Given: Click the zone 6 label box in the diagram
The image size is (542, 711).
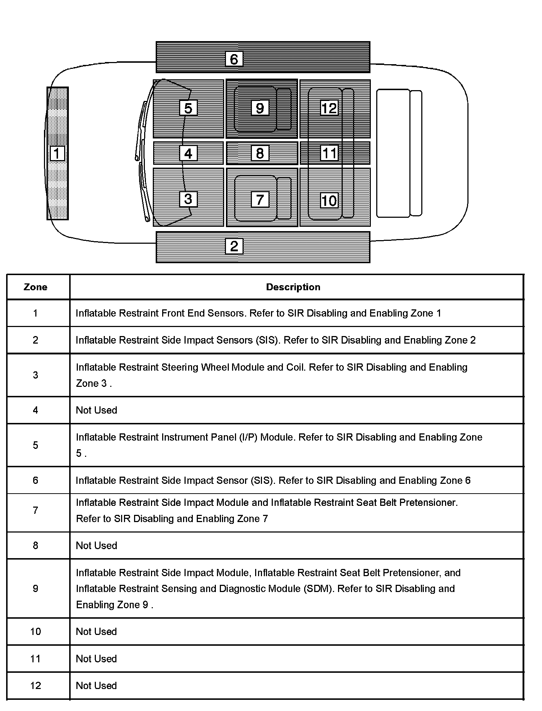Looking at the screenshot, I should [234, 59].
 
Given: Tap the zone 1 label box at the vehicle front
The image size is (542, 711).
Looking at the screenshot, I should [57, 153].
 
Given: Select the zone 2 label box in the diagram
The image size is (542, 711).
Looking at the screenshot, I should [234, 246].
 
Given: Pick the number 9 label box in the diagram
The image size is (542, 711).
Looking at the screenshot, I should [260, 108].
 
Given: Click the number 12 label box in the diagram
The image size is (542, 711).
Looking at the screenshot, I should [329, 108].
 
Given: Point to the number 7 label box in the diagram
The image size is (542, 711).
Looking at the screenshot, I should [260, 199].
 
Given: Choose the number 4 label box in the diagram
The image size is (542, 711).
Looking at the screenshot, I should [188, 153].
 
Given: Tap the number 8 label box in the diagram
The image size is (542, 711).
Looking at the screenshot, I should [260, 153].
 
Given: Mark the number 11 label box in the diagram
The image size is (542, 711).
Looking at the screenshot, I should [329, 153].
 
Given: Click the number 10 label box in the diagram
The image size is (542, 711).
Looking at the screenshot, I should [329, 200].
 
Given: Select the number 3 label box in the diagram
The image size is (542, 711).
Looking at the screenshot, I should [188, 199].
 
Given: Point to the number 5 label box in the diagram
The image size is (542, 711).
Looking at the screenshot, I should [188, 108].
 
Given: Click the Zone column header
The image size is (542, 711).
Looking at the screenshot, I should [35, 287].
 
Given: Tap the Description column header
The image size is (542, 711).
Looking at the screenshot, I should [293, 287].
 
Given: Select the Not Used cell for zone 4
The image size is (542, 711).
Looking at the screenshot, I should [97, 410].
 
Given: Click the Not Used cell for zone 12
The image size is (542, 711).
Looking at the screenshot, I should [97, 685].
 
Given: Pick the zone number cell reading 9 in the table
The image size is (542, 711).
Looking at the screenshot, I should [35, 588].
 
